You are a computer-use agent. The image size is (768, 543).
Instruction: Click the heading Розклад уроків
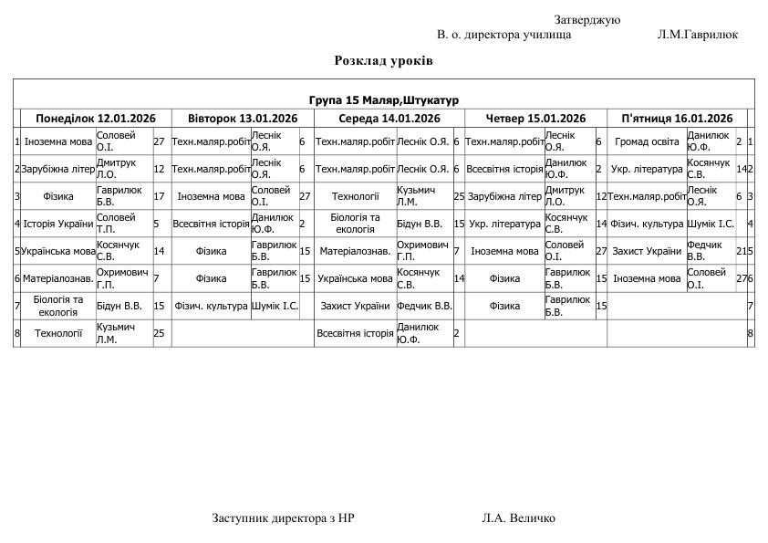383,61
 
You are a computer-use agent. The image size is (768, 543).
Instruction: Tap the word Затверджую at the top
586,20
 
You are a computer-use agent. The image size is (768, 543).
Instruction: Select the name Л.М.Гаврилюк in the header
697,35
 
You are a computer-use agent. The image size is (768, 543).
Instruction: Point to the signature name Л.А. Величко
518,518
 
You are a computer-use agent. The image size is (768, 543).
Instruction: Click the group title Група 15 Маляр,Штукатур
383,99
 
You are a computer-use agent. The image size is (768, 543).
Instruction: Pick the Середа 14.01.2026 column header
389,119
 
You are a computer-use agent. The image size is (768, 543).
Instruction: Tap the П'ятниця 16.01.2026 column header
677,119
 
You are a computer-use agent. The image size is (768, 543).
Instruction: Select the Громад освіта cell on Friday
647,141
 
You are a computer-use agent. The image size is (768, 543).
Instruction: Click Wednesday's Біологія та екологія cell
355,224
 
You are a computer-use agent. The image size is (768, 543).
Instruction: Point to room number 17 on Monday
159,196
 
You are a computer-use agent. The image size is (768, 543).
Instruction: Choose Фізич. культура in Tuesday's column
211,306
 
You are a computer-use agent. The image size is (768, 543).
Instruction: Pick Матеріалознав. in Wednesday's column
355,251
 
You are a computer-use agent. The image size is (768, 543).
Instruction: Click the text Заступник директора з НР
284,518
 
